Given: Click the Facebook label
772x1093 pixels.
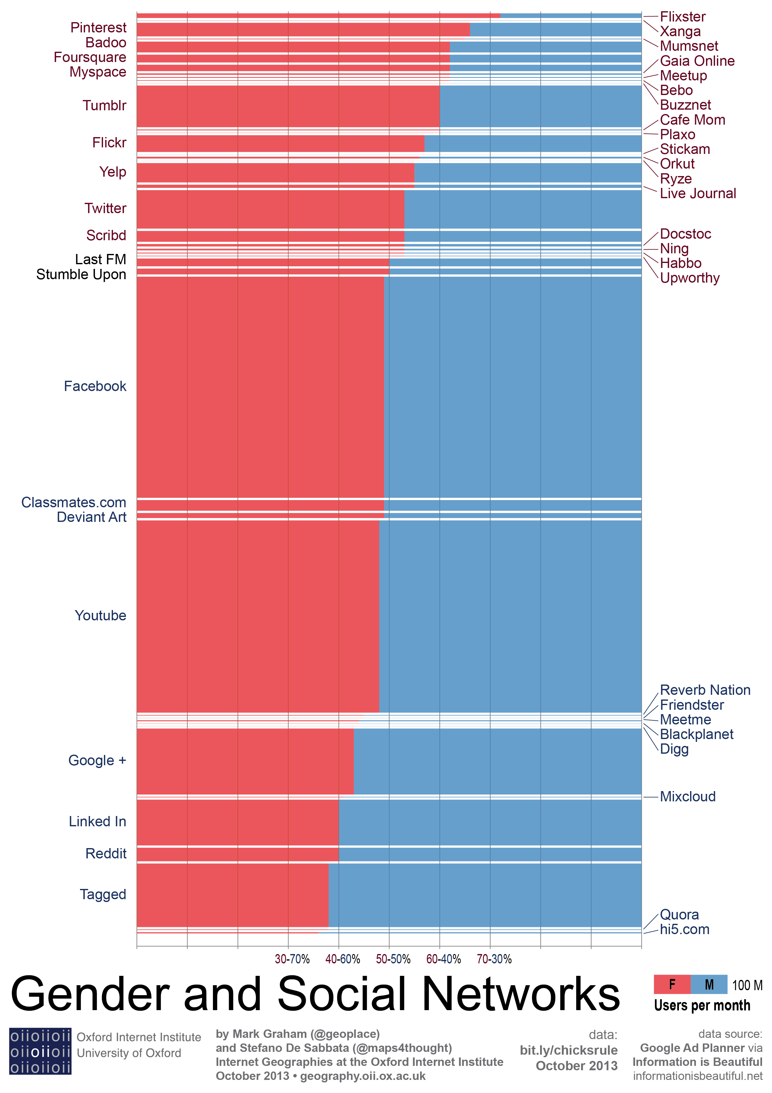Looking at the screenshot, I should coord(95,386).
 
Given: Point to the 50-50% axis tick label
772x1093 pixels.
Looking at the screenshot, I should coord(393,959).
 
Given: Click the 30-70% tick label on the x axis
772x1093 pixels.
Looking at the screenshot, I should coord(292,959).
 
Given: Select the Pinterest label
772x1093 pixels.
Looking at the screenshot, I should coord(98,28).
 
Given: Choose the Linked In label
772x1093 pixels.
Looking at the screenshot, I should coord(97,821).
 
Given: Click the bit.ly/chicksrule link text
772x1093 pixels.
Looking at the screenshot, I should coord(568,1050).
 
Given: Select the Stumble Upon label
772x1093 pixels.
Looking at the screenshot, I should coord(81,275).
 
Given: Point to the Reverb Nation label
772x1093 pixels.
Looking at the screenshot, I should coord(705,690).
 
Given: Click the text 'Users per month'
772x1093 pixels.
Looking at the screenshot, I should coord(702,1006).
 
